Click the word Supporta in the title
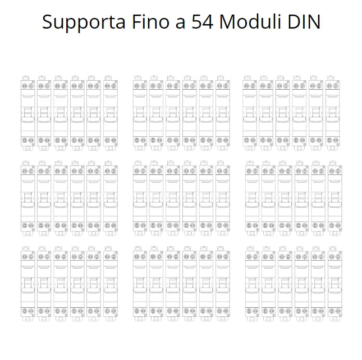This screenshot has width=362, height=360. [x=84, y=22]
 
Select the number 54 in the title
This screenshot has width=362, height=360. [x=203, y=22]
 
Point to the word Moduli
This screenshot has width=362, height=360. [x=250, y=22]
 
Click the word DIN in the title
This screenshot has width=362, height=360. [x=304, y=22]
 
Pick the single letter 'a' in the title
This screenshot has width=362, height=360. [x=181, y=24]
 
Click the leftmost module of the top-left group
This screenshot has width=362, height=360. [x=28, y=113]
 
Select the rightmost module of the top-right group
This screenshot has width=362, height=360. [x=333, y=113]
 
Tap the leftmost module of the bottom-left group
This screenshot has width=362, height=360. [x=28, y=284]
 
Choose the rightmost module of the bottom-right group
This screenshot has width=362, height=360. [x=335, y=284]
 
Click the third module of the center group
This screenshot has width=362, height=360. [x=173, y=199]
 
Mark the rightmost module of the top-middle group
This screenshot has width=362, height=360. [x=223, y=113]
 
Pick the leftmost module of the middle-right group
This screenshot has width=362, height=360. [x=252, y=199]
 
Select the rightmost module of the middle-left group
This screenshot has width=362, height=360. [x=111, y=199]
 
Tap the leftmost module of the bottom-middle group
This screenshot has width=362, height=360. [x=140, y=284]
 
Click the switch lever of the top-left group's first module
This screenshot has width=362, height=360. [x=28, y=112]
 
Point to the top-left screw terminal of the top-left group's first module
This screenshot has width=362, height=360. [x=25, y=86]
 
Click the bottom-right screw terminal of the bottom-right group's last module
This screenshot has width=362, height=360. [x=338, y=311]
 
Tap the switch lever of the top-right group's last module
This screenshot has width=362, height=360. [x=333, y=112]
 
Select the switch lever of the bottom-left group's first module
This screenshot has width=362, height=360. [x=28, y=283]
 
